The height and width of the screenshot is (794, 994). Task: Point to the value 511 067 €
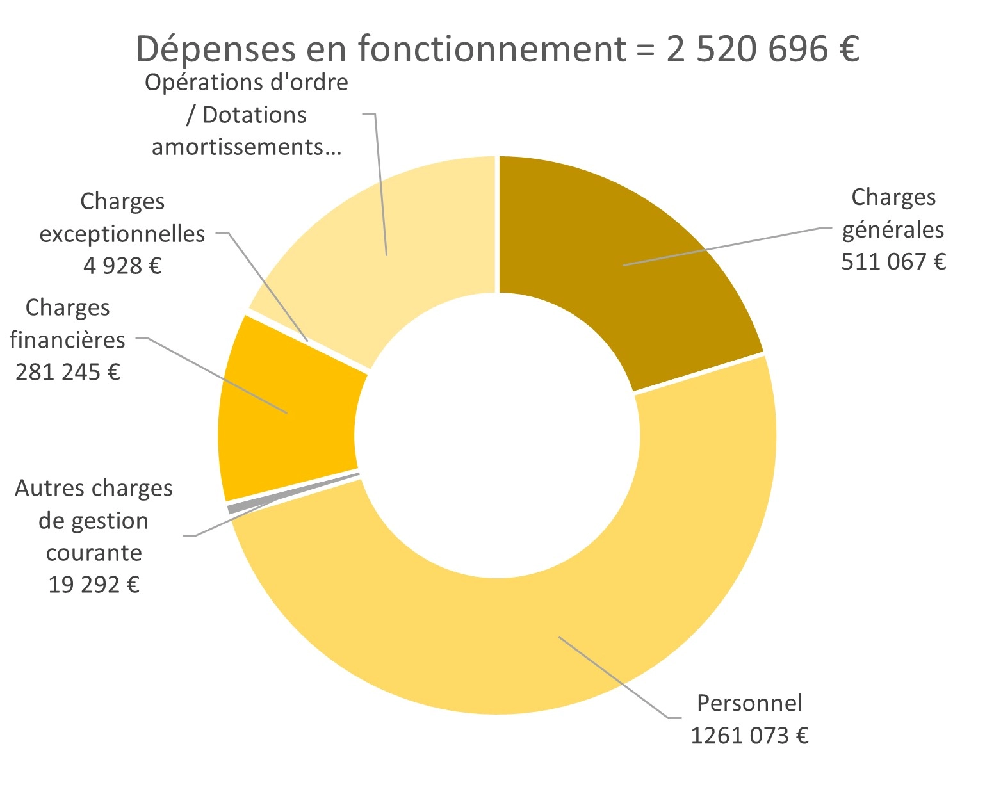pyautogui.click(x=893, y=262)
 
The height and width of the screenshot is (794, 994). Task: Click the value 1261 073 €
pyautogui.click(x=749, y=736)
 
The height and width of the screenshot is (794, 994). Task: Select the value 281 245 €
pyautogui.click(x=68, y=372)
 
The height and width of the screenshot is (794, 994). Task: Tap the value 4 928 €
pyautogui.click(x=122, y=265)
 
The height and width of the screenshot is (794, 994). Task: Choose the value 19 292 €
pyautogui.click(x=94, y=585)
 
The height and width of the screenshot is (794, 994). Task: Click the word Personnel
pyautogui.click(x=749, y=703)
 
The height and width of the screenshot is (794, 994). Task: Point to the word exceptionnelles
pyautogui.click(x=122, y=234)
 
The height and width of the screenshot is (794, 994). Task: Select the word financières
pyautogui.click(x=68, y=339)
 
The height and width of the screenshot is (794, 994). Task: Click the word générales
pyautogui.click(x=893, y=229)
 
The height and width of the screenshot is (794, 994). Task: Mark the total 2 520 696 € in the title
pyautogui.click(x=762, y=49)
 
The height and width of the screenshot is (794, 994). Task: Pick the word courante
pyautogui.click(x=94, y=553)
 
